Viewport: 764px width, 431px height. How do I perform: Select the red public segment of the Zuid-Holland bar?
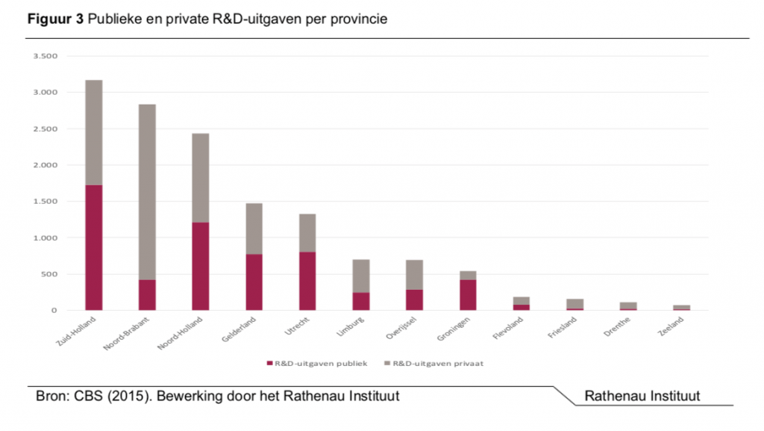[x=93, y=247]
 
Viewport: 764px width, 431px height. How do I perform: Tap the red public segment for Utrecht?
[x=307, y=281]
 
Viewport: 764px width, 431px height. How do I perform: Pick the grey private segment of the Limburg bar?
[x=361, y=276]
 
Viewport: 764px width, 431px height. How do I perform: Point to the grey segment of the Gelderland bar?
[x=254, y=229]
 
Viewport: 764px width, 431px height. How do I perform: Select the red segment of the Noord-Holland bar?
[x=201, y=266]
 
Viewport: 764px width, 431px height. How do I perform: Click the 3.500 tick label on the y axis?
[x=46, y=56]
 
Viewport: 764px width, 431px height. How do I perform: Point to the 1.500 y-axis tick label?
[x=46, y=202]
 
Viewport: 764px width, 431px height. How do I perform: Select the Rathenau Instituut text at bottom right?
[x=642, y=396]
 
